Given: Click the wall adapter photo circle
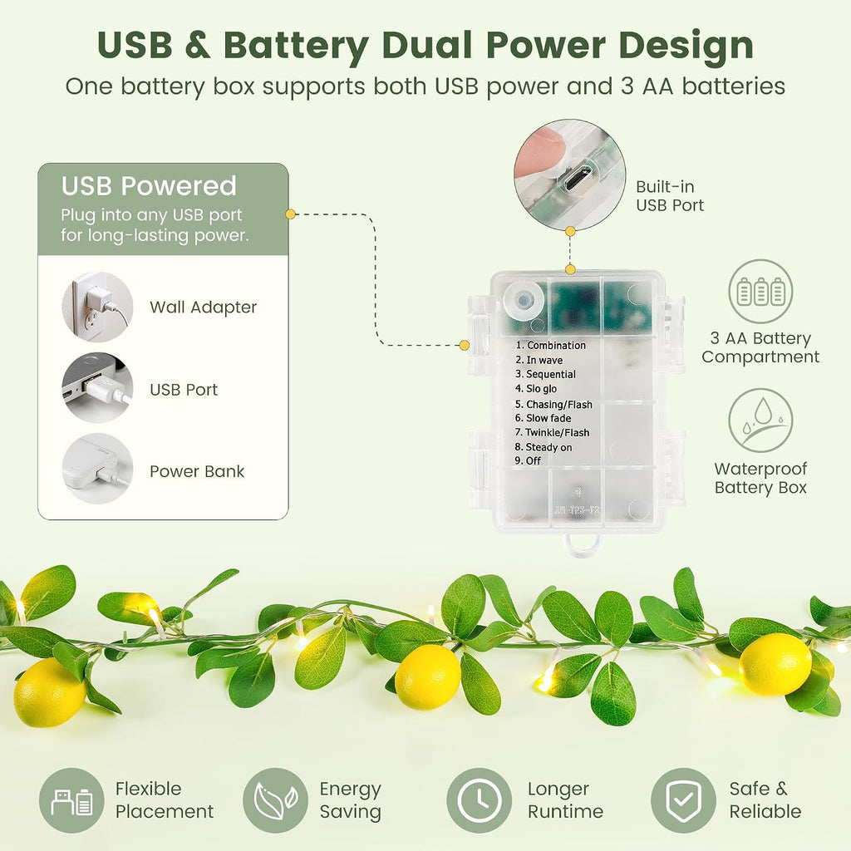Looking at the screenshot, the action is point(98,307).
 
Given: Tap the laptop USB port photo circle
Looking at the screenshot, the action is point(98,388).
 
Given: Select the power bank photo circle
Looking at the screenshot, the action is point(98,469).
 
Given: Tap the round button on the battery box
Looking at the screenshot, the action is point(524,300).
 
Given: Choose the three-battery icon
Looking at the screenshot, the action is point(760,292).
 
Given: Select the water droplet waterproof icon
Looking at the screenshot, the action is point(760,421).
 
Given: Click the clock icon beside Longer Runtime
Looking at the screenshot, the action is point(480,800).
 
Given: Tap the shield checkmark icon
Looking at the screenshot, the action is point(683,800).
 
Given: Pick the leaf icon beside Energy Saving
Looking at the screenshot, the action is point(276,800).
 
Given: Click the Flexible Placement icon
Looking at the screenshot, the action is point(71,800).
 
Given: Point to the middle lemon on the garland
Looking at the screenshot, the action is point(428,676).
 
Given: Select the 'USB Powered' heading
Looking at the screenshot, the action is point(149,186).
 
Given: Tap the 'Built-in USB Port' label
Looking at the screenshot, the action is point(670,196).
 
